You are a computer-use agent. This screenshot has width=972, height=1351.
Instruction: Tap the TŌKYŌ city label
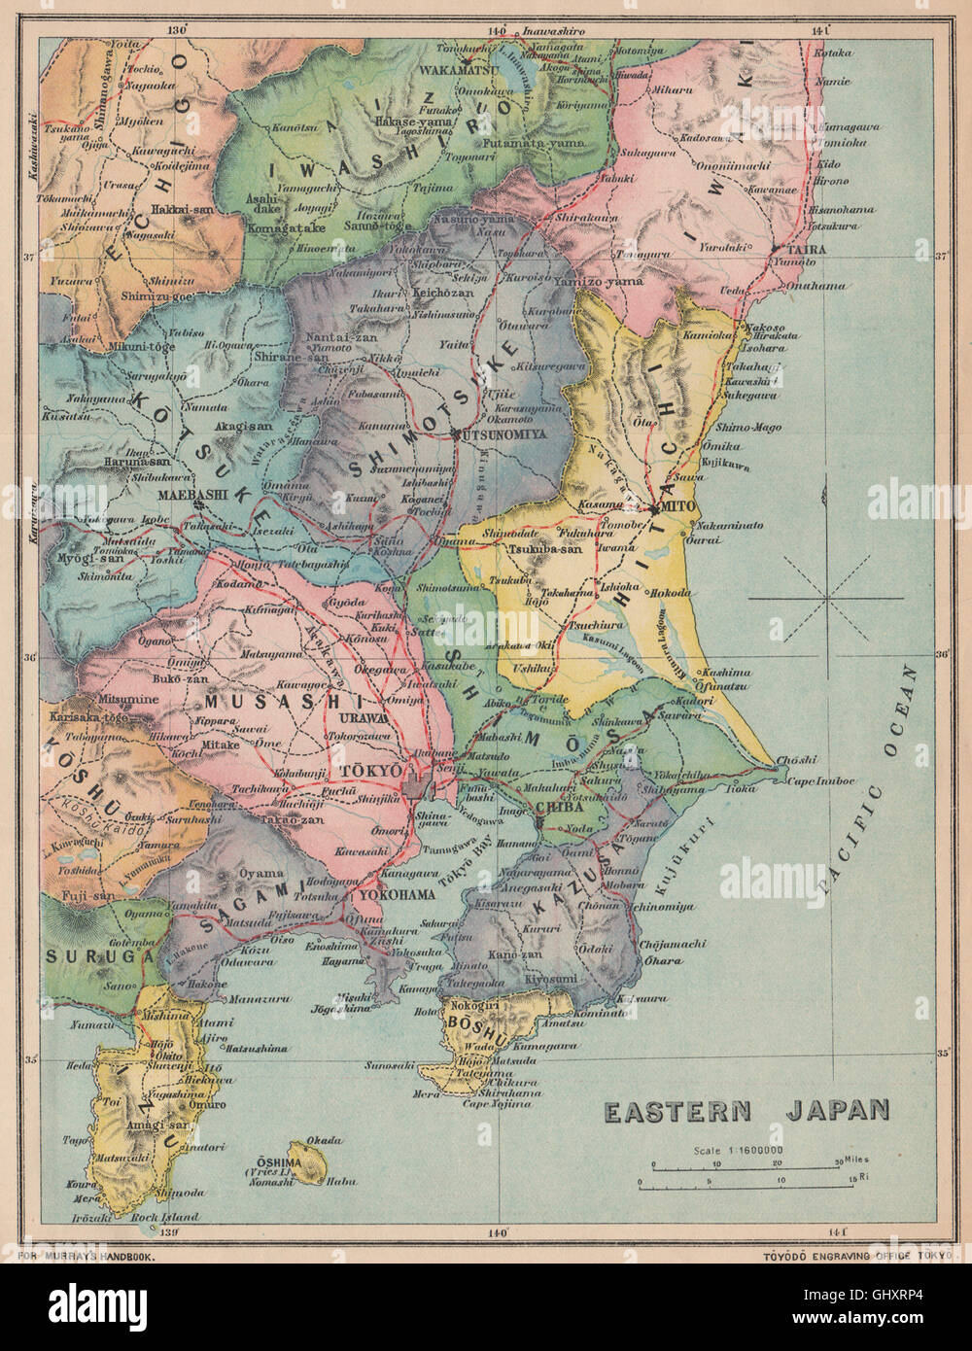370,771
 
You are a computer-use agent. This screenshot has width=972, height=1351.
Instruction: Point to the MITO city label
675,507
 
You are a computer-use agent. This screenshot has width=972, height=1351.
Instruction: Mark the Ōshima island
305,1163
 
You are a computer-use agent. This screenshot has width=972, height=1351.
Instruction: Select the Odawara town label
243,961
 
